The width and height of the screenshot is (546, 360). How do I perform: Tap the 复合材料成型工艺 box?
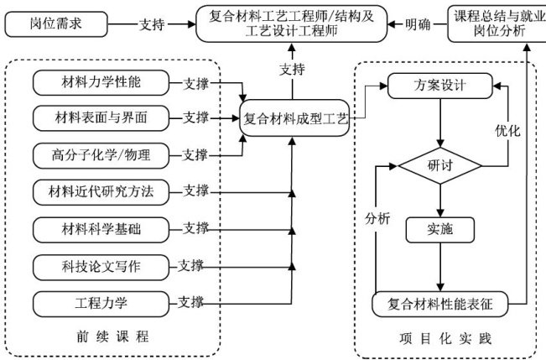click(x=294, y=118)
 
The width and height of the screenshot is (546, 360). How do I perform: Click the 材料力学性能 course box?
click(x=101, y=83)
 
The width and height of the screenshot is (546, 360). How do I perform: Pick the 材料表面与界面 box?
click(x=101, y=117)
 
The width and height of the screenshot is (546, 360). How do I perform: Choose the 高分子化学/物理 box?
click(x=101, y=154)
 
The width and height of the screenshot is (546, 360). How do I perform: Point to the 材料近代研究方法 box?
click(x=101, y=191)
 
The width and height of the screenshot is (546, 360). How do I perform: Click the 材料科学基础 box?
click(x=101, y=227)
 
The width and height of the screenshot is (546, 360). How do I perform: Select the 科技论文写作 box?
click(x=101, y=266)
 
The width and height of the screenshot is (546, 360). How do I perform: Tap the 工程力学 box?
click(x=101, y=300)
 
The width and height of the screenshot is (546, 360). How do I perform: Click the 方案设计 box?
click(x=441, y=86)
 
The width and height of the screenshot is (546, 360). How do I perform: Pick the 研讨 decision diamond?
click(x=440, y=165)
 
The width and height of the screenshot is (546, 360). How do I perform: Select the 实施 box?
click(x=440, y=228)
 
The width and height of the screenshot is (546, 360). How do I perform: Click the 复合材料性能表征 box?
click(x=440, y=303)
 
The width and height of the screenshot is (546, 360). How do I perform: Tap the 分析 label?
click(x=377, y=217)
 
